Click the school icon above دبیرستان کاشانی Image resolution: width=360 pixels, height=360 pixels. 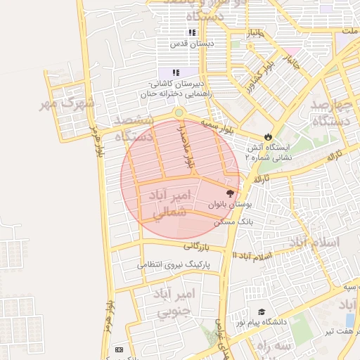[176, 72]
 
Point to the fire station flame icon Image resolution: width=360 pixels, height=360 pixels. [268, 136]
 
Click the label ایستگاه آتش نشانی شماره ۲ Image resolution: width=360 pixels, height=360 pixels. [268, 152]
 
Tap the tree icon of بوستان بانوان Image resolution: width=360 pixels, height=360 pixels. [230, 193]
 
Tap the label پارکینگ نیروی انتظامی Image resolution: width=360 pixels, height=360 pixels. [173, 265]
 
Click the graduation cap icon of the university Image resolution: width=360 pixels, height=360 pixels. [262, 311]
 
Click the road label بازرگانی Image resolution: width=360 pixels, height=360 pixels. [198, 246]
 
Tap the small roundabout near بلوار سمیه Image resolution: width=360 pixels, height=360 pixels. [179, 112]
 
